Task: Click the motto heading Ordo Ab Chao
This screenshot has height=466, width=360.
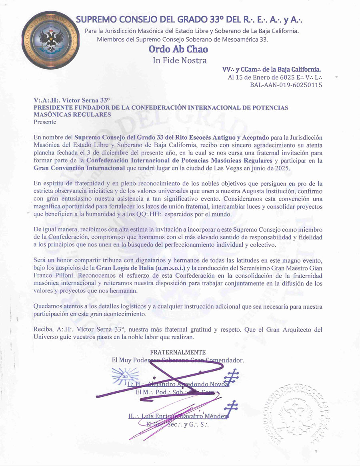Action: pos(178,50)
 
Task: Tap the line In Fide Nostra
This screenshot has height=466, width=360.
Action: pos(180,60)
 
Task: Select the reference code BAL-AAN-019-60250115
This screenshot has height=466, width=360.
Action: pos(286,85)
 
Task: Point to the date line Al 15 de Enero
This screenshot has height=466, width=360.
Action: pos(275,77)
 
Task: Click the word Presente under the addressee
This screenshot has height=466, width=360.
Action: pos(45,122)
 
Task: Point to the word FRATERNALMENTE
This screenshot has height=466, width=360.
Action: pos(178,352)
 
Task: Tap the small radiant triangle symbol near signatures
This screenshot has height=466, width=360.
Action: pos(120,376)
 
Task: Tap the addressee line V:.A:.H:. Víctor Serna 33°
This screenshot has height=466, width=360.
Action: pos(72,101)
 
